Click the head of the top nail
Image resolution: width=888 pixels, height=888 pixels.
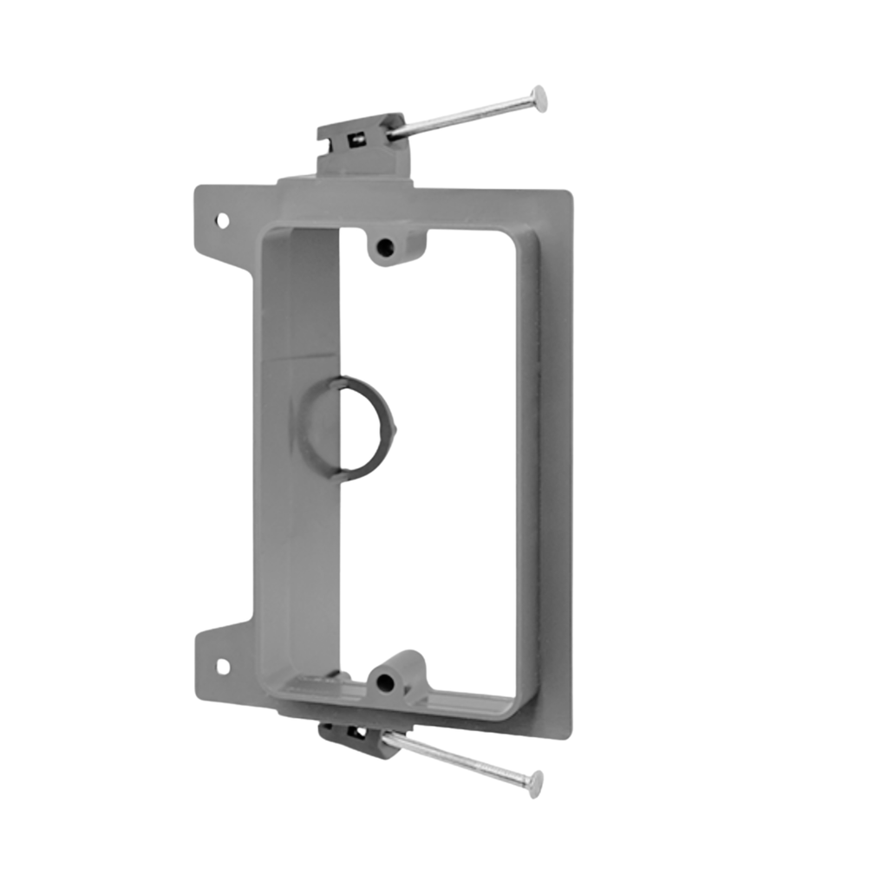(540, 99)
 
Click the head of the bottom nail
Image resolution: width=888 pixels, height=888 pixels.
(536, 782)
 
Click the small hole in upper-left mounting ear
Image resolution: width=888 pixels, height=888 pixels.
(223, 220)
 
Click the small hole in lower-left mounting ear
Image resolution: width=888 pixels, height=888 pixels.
(222, 666)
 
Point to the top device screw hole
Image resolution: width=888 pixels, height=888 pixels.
(386, 248)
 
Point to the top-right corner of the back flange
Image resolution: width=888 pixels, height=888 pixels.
(567, 196)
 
